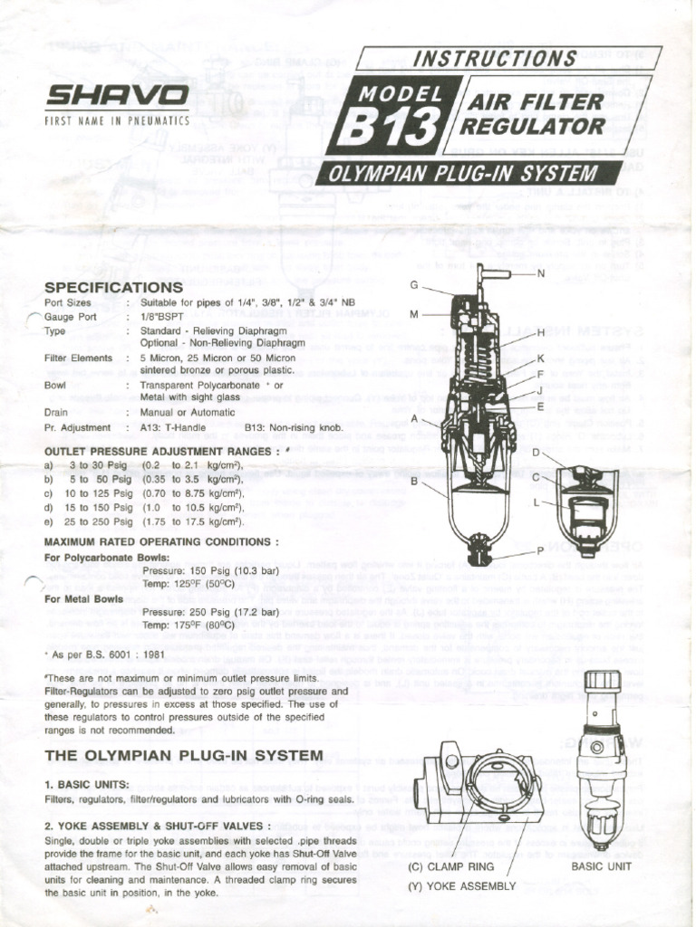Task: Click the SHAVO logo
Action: coord(118,95)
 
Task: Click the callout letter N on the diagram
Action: coord(541,273)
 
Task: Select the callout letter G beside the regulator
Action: coord(413,284)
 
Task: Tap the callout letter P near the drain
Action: coord(540,550)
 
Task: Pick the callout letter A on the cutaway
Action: coord(413,419)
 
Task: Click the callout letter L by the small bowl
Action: coord(538,502)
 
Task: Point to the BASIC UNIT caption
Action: coord(601,866)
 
